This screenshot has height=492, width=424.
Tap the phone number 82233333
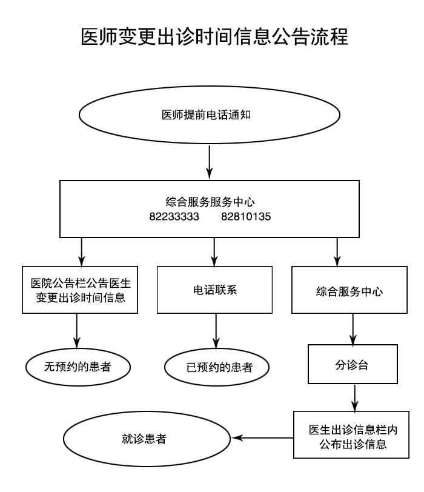pyautogui.click(x=174, y=216)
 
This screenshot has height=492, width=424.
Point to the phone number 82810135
pyautogui.click(x=247, y=216)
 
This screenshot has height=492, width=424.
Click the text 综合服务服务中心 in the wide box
pyautogui.click(x=210, y=201)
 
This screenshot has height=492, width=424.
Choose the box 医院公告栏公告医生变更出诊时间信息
pyautogui.click(x=77, y=290)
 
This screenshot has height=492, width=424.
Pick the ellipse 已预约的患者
pyautogui.click(x=216, y=367)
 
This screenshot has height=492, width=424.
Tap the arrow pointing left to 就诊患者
pyautogui.click(x=263, y=437)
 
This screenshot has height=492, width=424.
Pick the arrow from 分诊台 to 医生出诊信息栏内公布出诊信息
pyautogui.click(x=354, y=397)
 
